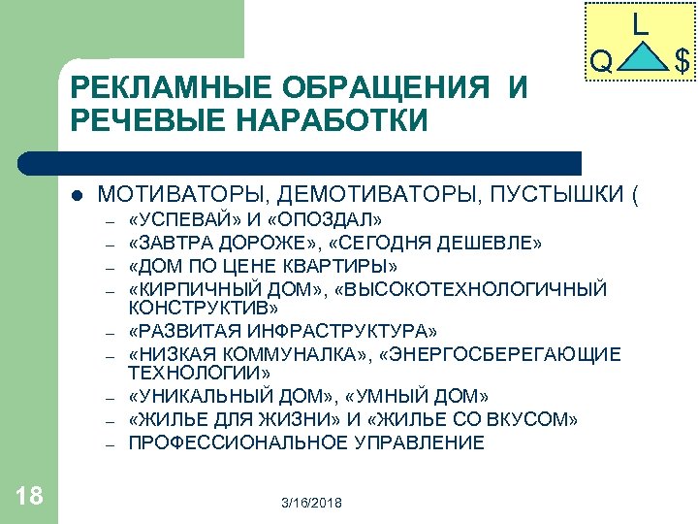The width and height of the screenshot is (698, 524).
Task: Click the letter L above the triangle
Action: pyautogui.click(x=641, y=24)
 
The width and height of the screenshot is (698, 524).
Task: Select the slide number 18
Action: pyautogui.click(x=29, y=497)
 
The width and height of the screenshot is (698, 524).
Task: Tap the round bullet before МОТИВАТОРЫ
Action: pyautogui.click(x=77, y=194)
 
